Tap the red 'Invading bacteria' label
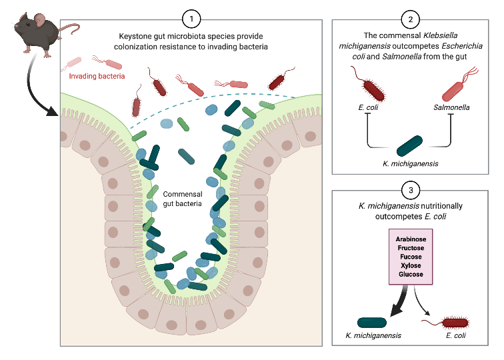[x=97, y=77]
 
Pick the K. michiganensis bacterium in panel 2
[x=410, y=145]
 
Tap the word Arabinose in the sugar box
[x=411, y=239]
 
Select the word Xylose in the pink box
[x=411, y=265]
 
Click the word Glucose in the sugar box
[x=411, y=274]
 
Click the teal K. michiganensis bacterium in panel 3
[x=375, y=323]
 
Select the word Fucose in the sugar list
[x=411, y=257]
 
